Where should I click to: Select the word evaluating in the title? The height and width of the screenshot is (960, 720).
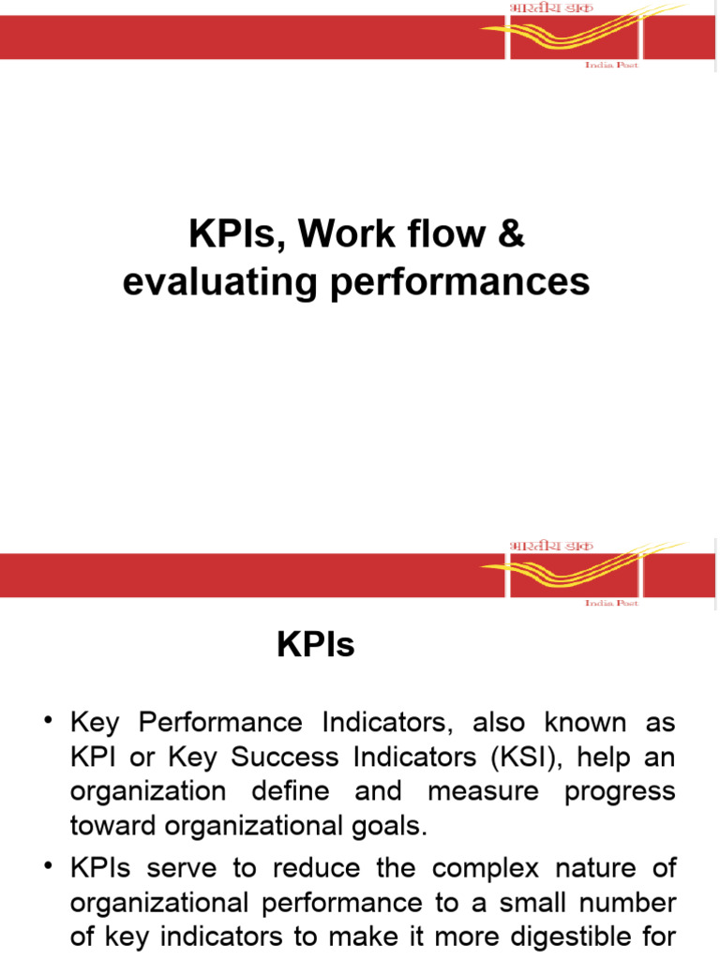[219, 280]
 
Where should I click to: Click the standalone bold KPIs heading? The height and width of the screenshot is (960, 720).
[316, 645]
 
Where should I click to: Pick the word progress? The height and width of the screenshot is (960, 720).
[620, 791]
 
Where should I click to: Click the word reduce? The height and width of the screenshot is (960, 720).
[328, 868]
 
